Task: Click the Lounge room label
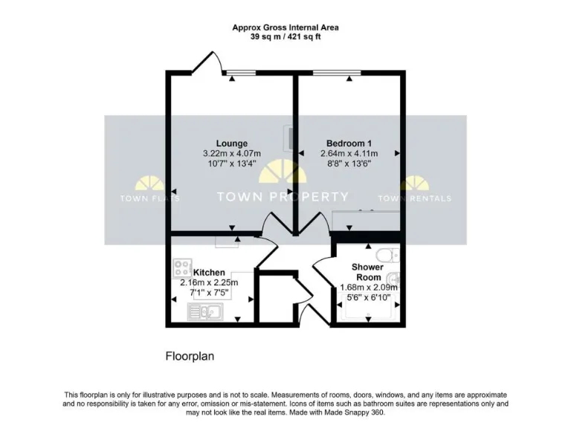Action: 232,143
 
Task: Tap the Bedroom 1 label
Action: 349,143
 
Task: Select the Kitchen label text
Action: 209,273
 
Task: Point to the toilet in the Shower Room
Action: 390,255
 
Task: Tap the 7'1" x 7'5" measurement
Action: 208,293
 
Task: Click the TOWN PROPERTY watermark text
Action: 282,197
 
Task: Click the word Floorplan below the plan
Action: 190,356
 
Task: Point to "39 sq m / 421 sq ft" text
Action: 285,36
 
